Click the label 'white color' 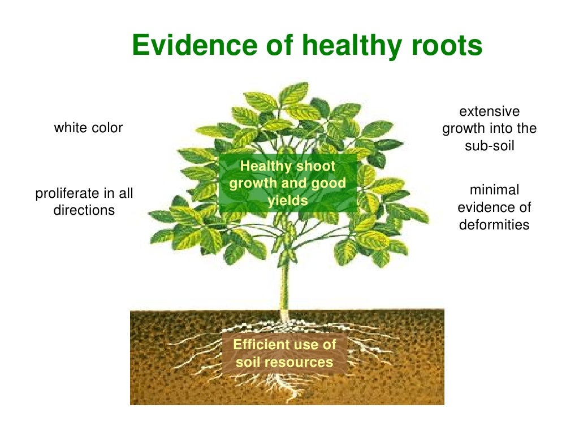[x=88, y=128]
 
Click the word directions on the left [x=84, y=210]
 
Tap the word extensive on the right [x=489, y=111]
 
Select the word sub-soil [x=489, y=145]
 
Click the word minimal [x=494, y=190]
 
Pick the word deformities [x=494, y=224]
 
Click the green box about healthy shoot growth [x=288, y=183]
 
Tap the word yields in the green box [x=288, y=200]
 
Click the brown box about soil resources [x=284, y=353]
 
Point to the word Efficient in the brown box [x=260, y=344]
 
